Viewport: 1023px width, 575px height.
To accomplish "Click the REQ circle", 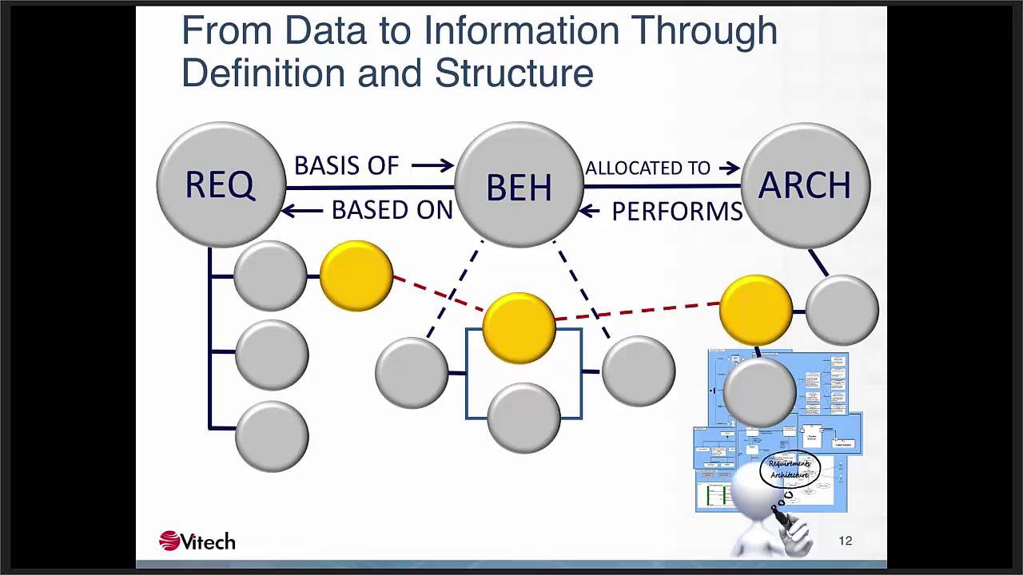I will pyautogui.click(x=221, y=184).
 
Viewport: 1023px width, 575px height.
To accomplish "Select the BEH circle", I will pyautogui.click(x=519, y=186).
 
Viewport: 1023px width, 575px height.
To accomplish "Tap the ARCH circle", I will pyautogui.click(x=805, y=184).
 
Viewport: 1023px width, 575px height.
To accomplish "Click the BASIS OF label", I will pyautogui.click(x=346, y=165).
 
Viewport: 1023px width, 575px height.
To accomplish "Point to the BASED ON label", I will pyautogui.click(x=392, y=210).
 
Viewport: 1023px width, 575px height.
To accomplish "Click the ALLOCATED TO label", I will pyautogui.click(x=647, y=168).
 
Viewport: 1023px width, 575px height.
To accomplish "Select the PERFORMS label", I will pyautogui.click(x=677, y=212).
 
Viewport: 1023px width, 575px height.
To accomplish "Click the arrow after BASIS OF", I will pyautogui.click(x=432, y=165).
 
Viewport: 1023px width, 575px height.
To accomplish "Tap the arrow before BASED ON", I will pyautogui.click(x=301, y=210).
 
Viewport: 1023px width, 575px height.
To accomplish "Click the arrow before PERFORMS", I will pyautogui.click(x=589, y=211).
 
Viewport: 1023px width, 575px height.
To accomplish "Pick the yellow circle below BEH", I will pyautogui.click(x=519, y=327).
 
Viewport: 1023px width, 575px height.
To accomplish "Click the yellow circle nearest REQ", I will pyautogui.click(x=356, y=276).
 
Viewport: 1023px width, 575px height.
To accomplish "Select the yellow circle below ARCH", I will pyautogui.click(x=755, y=310).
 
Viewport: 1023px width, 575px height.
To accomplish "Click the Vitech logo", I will pyautogui.click(x=197, y=541).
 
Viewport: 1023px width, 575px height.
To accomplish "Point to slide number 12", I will pyautogui.click(x=846, y=541).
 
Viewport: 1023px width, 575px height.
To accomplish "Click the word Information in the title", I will pyautogui.click(x=521, y=30).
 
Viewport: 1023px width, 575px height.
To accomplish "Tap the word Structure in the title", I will pyautogui.click(x=514, y=73).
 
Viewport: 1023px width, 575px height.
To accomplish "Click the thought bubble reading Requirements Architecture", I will pyautogui.click(x=790, y=469).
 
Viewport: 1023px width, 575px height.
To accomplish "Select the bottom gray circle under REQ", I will pyautogui.click(x=272, y=436).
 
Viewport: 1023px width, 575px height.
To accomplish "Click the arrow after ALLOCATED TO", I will pyautogui.click(x=729, y=168).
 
